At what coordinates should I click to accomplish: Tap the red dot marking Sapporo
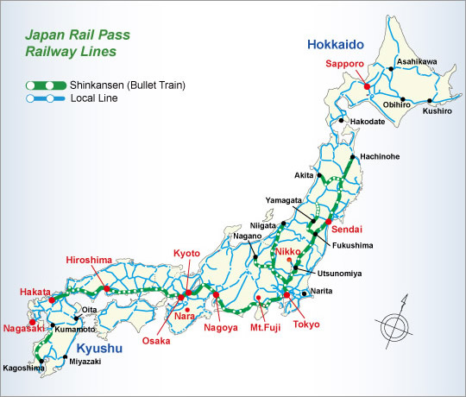367,86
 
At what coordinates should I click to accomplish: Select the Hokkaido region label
335,44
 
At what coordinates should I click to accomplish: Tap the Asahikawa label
417,62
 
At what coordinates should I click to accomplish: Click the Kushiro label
438,112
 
